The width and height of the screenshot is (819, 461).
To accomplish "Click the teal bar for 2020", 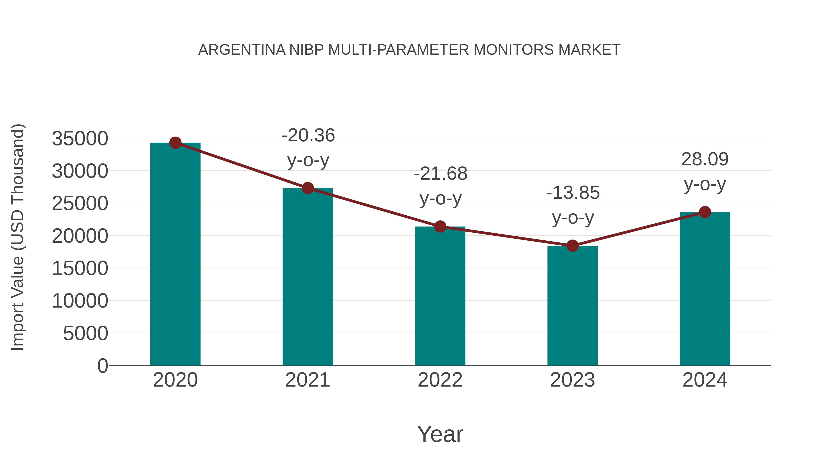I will point(175,255).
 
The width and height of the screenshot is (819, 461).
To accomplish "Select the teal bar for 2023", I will point(572,306).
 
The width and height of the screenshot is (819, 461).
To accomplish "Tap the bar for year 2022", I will point(440,296).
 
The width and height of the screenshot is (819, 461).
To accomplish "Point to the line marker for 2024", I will point(705,212).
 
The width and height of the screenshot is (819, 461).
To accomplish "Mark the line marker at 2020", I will point(175,143).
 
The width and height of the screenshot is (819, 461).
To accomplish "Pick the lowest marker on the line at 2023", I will point(572,246).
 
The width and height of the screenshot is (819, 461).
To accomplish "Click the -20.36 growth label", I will point(308,135).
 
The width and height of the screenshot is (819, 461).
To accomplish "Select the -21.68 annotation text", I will point(440,174).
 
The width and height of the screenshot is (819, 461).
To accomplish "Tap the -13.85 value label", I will point(573,193).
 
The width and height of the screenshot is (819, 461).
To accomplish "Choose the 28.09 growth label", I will point(705,159).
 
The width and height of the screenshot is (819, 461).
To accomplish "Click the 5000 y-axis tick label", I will point(86,334).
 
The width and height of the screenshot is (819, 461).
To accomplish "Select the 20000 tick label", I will point(80,236).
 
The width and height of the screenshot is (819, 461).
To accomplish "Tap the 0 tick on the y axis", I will point(103,366).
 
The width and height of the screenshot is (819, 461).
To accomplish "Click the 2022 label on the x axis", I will point(440,380).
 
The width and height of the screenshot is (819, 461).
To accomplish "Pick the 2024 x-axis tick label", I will point(705,380).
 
